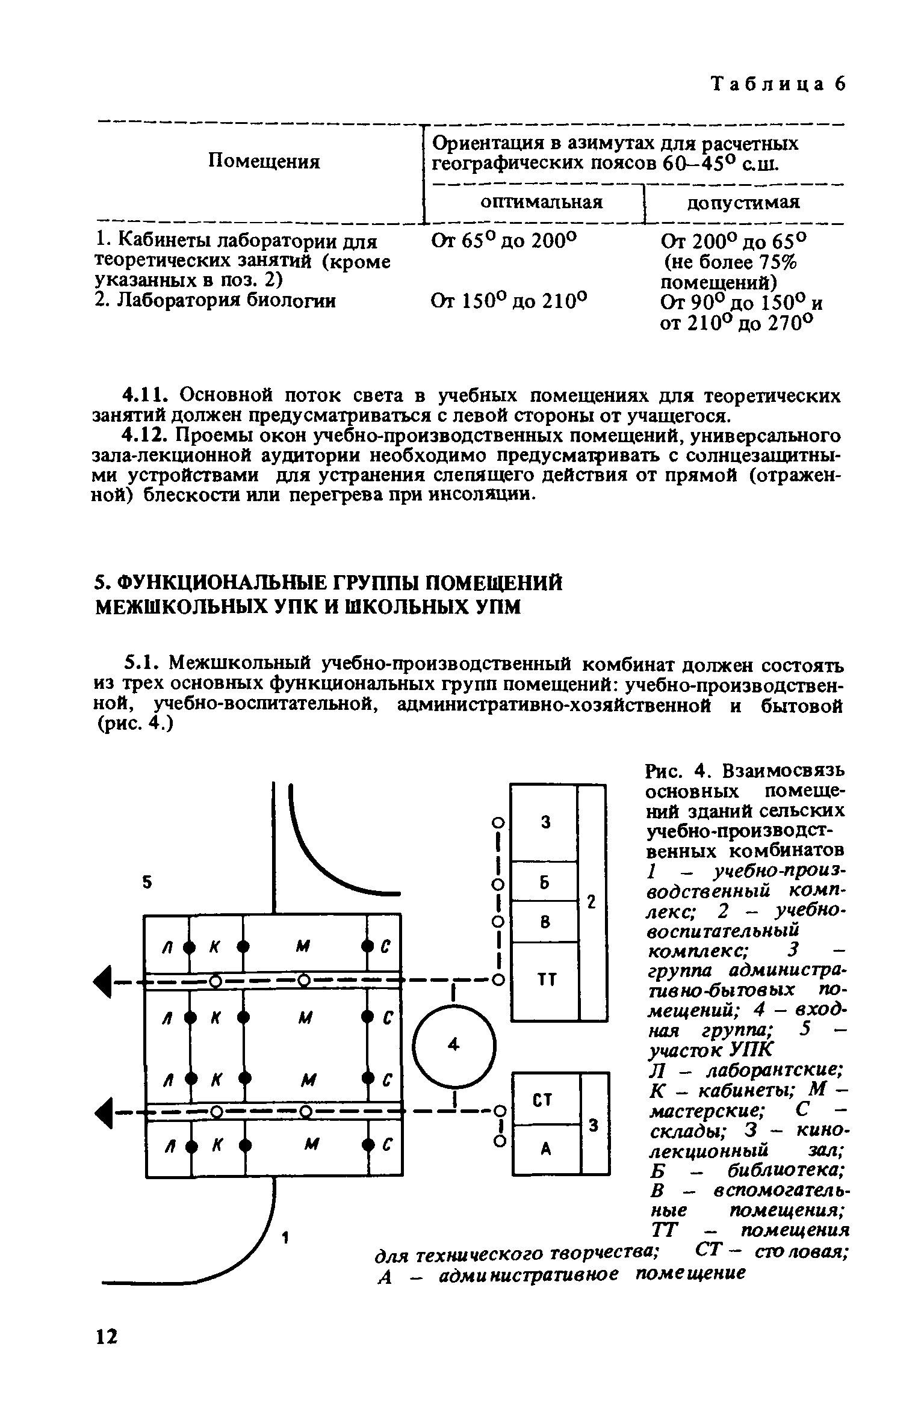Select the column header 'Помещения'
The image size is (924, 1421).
pos(264,161)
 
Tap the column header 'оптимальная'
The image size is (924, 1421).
pos(541,202)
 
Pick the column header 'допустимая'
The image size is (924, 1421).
pos(743,203)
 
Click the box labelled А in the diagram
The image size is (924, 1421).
pos(545,1150)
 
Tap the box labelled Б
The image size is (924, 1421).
pos(544,883)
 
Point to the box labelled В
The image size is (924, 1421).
pos(544,922)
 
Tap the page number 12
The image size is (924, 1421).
pos(108,1333)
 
